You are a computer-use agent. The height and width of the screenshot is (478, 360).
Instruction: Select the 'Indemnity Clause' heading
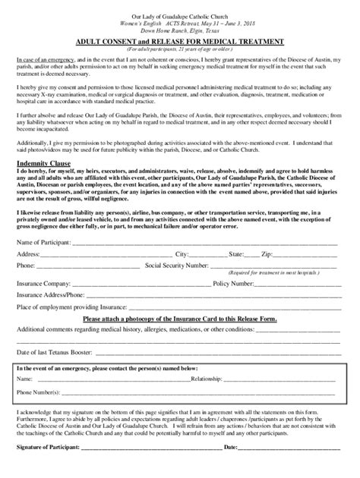(43, 163)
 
